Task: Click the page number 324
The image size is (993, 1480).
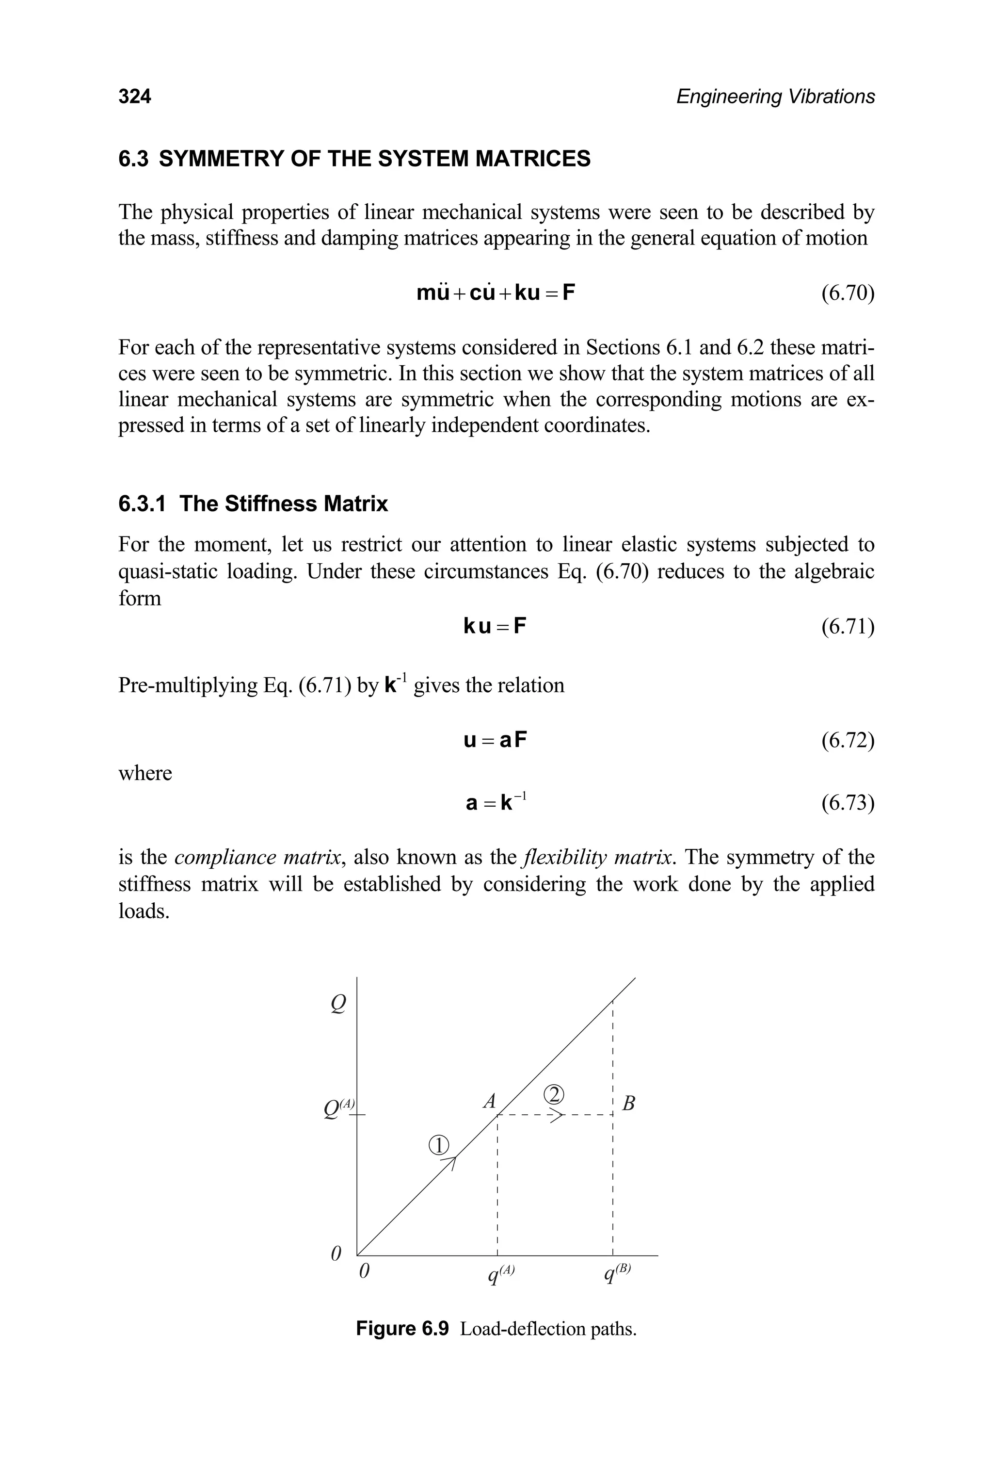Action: point(134,97)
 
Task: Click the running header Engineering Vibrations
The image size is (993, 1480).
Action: point(775,97)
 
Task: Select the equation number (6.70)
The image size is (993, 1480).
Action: point(848,293)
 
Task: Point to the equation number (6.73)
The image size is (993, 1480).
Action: point(848,803)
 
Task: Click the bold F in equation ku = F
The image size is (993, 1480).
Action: point(519,627)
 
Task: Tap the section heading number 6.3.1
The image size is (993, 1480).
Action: point(142,504)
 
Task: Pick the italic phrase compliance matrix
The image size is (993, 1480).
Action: point(259,857)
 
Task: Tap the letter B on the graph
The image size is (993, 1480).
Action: point(628,1104)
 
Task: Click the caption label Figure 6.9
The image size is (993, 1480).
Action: point(402,1328)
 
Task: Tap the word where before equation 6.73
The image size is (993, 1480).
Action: point(145,774)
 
